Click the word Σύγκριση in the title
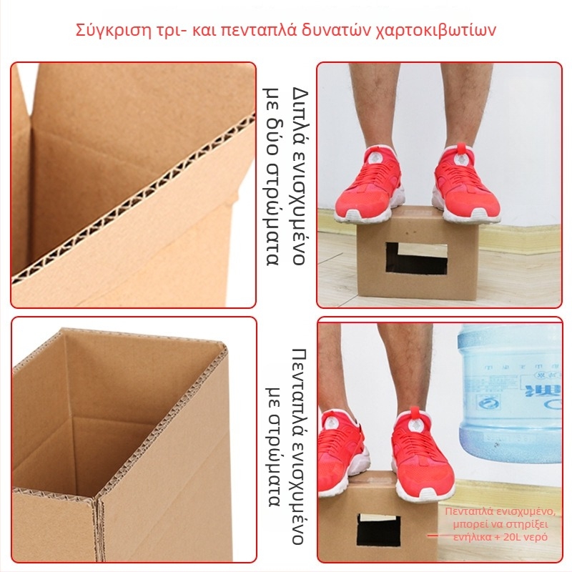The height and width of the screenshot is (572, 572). click(x=108, y=30)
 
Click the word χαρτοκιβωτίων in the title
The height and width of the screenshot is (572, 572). click(x=435, y=30)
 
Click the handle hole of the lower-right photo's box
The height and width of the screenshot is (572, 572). click(x=378, y=529)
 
